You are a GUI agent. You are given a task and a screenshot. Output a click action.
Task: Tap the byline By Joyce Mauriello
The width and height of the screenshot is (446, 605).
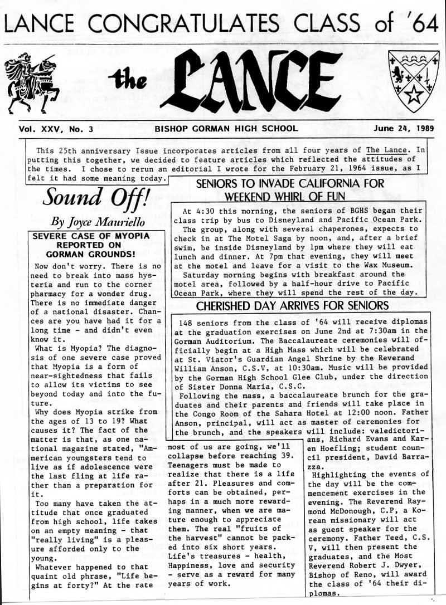[96, 221]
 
